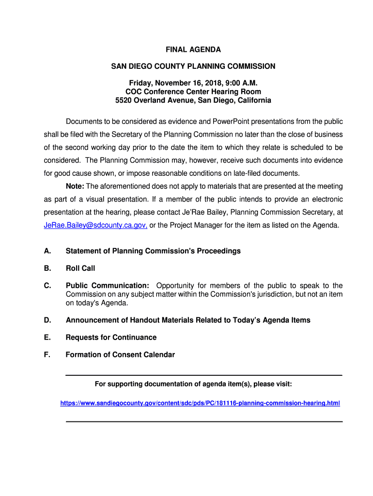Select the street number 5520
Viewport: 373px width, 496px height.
point(124,100)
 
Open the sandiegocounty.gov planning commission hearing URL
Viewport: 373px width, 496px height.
point(200,403)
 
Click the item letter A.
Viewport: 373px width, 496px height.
point(47,251)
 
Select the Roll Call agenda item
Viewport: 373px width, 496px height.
point(80,268)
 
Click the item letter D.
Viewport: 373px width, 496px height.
point(47,320)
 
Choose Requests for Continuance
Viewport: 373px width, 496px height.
point(111,337)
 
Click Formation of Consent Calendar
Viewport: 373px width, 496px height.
point(120,355)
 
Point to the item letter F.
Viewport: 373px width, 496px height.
point(47,355)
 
